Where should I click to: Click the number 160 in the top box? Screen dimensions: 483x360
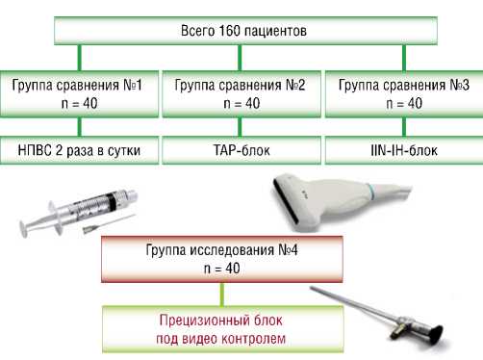tap(229, 31)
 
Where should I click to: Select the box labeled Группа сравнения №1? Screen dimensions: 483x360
tap(79, 93)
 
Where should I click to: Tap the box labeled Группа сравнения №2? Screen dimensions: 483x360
tap(241, 93)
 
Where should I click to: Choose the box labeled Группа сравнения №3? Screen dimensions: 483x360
tap(404, 93)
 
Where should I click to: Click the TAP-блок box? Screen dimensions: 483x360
tap(241, 150)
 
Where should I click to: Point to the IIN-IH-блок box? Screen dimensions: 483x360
tap(404, 150)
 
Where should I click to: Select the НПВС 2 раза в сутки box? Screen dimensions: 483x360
tap(79, 150)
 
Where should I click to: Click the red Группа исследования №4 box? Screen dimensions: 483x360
tap(222, 259)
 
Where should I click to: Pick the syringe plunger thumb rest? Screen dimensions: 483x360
tap(25, 228)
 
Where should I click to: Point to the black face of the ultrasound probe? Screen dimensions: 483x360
tap(287, 201)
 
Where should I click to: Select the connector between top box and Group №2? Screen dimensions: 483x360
tap(240, 58)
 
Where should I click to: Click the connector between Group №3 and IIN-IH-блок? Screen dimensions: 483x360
tap(404, 127)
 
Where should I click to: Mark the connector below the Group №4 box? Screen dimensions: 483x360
tap(222, 295)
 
